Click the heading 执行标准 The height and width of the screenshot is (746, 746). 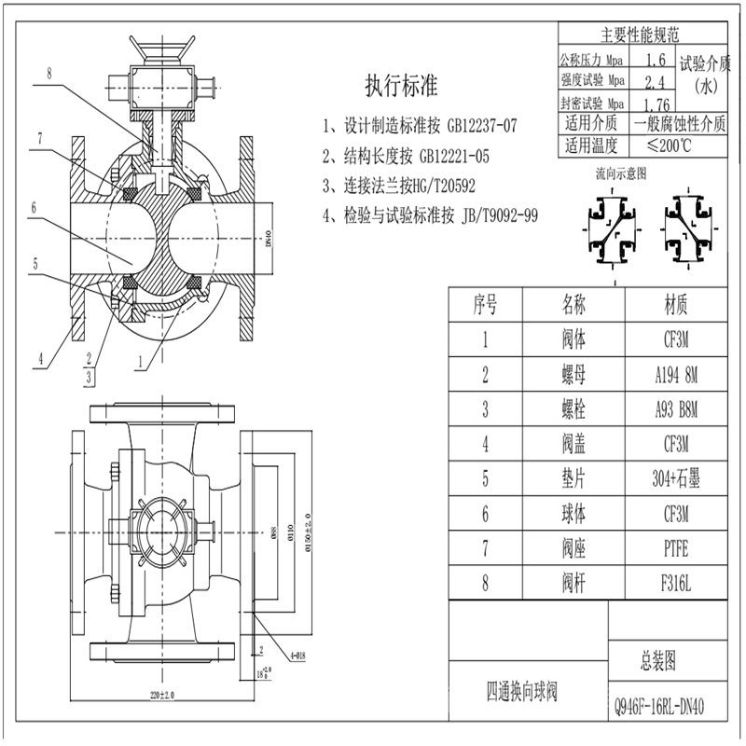click(x=401, y=86)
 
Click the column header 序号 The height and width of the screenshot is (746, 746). click(x=485, y=303)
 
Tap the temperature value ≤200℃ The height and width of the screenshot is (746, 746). click(x=656, y=145)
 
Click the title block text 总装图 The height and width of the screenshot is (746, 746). click(x=657, y=662)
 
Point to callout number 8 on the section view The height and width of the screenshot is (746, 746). click(x=49, y=72)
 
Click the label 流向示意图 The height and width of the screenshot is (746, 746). click(x=620, y=173)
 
